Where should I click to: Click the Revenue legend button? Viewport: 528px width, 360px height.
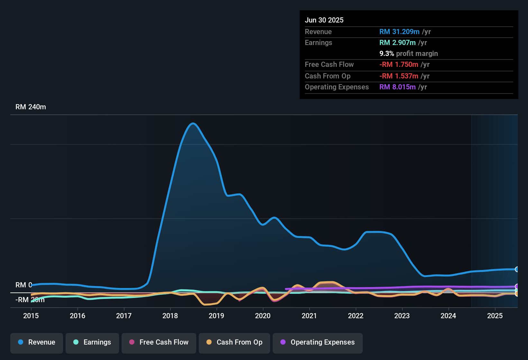pyautogui.click(x=37, y=342)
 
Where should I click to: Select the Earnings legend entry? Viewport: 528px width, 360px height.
pyautogui.click(x=92, y=342)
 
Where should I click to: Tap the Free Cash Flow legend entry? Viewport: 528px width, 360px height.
pyautogui.click(x=159, y=342)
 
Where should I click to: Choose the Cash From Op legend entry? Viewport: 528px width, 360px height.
pyautogui.click(x=234, y=342)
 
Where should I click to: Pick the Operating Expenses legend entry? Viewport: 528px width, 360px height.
pyautogui.click(x=318, y=342)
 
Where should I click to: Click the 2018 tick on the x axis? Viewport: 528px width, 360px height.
pyautogui.click(x=170, y=316)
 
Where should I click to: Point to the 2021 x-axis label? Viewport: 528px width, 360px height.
pyautogui.click(x=309, y=316)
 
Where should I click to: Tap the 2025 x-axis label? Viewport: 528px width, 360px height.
pyautogui.click(x=495, y=316)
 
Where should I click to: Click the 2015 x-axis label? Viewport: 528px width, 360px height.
pyautogui.click(x=31, y=316)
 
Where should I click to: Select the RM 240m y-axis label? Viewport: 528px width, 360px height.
pyautogui.click(x=31, y=107)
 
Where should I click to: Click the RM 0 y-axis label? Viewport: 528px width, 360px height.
pyautogui.click(x=23, y=285)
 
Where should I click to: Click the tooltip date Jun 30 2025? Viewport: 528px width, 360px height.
pyautogui.click(x=324, y=20)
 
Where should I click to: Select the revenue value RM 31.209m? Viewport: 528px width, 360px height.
pyautogui.click(x=399, y=32)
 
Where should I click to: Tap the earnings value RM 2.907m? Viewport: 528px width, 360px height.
pyautogui.click(x=397, y=43)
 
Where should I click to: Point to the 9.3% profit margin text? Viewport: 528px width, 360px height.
pyautogui.click(x=408, y=54)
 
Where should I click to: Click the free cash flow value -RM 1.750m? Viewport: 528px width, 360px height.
pyautogui.click(x=399, y=65)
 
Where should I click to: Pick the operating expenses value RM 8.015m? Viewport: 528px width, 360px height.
pyautogui.click(x=397, y=87)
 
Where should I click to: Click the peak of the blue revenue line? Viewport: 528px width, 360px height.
pyautogui.click(x=193, y=123)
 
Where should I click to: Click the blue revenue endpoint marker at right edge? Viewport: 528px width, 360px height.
pyautogui.click(x=517, y=269)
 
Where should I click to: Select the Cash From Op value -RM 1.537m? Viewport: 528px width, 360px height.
pyautogui.click(x=399, y=76)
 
